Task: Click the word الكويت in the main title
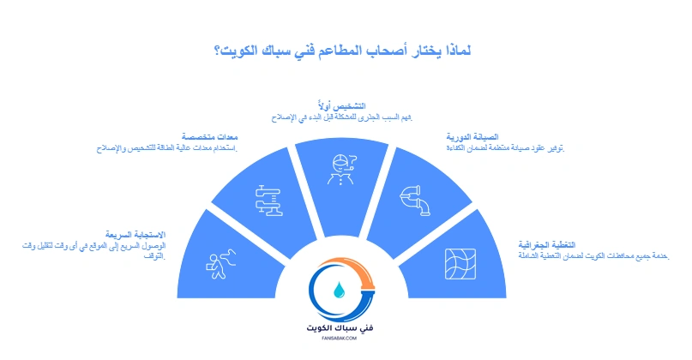click(x=240, y=50)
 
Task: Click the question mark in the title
click(x=219, y=50)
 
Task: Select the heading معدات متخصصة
click(x=209, y=137)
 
